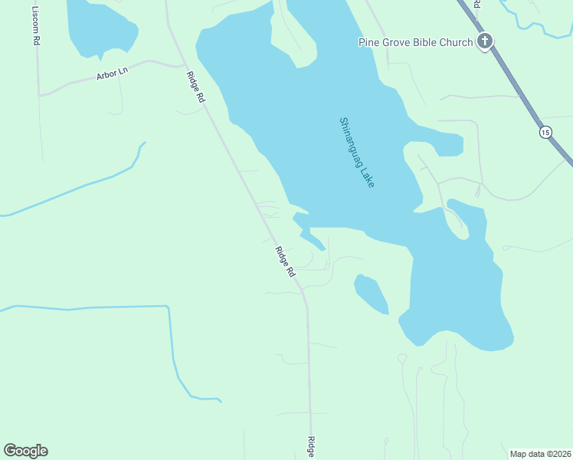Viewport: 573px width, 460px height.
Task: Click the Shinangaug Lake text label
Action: click(x=357, y=153)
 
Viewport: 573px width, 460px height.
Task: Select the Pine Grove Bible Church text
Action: click(x=415, y=42)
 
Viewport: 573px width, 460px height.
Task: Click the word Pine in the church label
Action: click(x=370, y=42)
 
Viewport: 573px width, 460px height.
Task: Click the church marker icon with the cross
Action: click(x=484, y=41)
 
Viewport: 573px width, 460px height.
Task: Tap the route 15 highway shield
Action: click(x=545, y=133)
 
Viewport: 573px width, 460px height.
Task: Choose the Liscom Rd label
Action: click(x=36, y=26)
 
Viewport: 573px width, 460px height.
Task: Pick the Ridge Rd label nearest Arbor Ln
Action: click(x=195, y=87)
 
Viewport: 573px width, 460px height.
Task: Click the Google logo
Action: click(x=25, y=451)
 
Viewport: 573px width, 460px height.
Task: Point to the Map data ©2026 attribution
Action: click(x=540, y=454)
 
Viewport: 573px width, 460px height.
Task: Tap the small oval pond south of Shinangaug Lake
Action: click(x=371, y=294)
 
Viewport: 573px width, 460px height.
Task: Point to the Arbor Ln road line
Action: click(x=77, y=82)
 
